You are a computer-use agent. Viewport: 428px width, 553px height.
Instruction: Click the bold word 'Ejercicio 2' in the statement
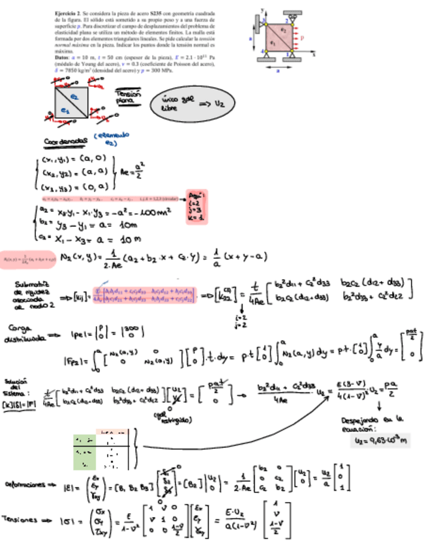[68, 13]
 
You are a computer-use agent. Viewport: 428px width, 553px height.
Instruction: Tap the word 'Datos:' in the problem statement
[63, 56]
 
